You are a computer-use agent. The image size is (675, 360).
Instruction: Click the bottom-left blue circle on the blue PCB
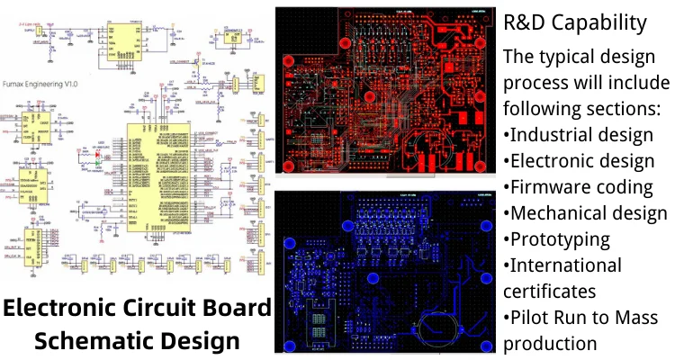coord(291,345)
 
